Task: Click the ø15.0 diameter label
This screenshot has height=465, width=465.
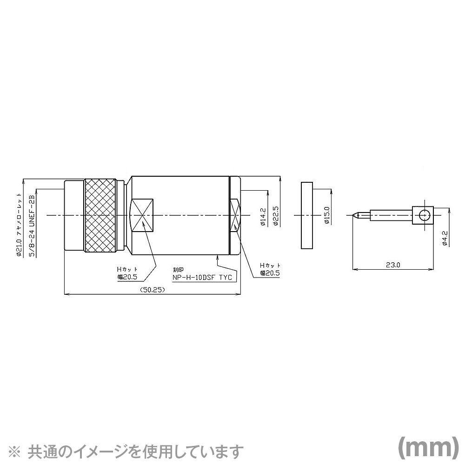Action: tap(327, 215)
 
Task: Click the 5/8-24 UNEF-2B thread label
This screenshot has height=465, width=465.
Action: tap(32, 225)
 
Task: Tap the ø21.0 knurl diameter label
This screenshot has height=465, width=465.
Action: tap(19, 218)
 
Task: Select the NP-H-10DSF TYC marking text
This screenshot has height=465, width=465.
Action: tap(202, 278)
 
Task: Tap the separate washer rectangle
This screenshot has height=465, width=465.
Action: tap(306, 215)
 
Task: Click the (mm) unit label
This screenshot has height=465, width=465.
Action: tap(425, 447)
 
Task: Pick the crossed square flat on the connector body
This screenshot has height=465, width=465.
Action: tap(142, 215)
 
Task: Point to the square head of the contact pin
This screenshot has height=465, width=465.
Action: tap(423, 215)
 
